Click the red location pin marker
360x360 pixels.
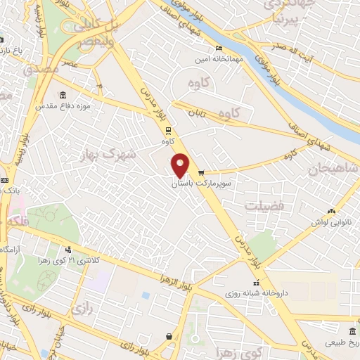coord(181,165)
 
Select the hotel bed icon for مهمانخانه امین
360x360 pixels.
coord(220,49)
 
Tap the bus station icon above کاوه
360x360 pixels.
coord(167,130)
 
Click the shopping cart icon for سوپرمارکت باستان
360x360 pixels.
coord(202,173)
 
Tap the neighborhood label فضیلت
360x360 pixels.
coord(264,206)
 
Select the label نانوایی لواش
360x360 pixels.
coord(331,221)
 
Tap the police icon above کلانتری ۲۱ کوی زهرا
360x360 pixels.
coord(68,250)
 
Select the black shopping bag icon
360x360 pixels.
coord(169,337)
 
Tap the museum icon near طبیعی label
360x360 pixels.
coord(352,332)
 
